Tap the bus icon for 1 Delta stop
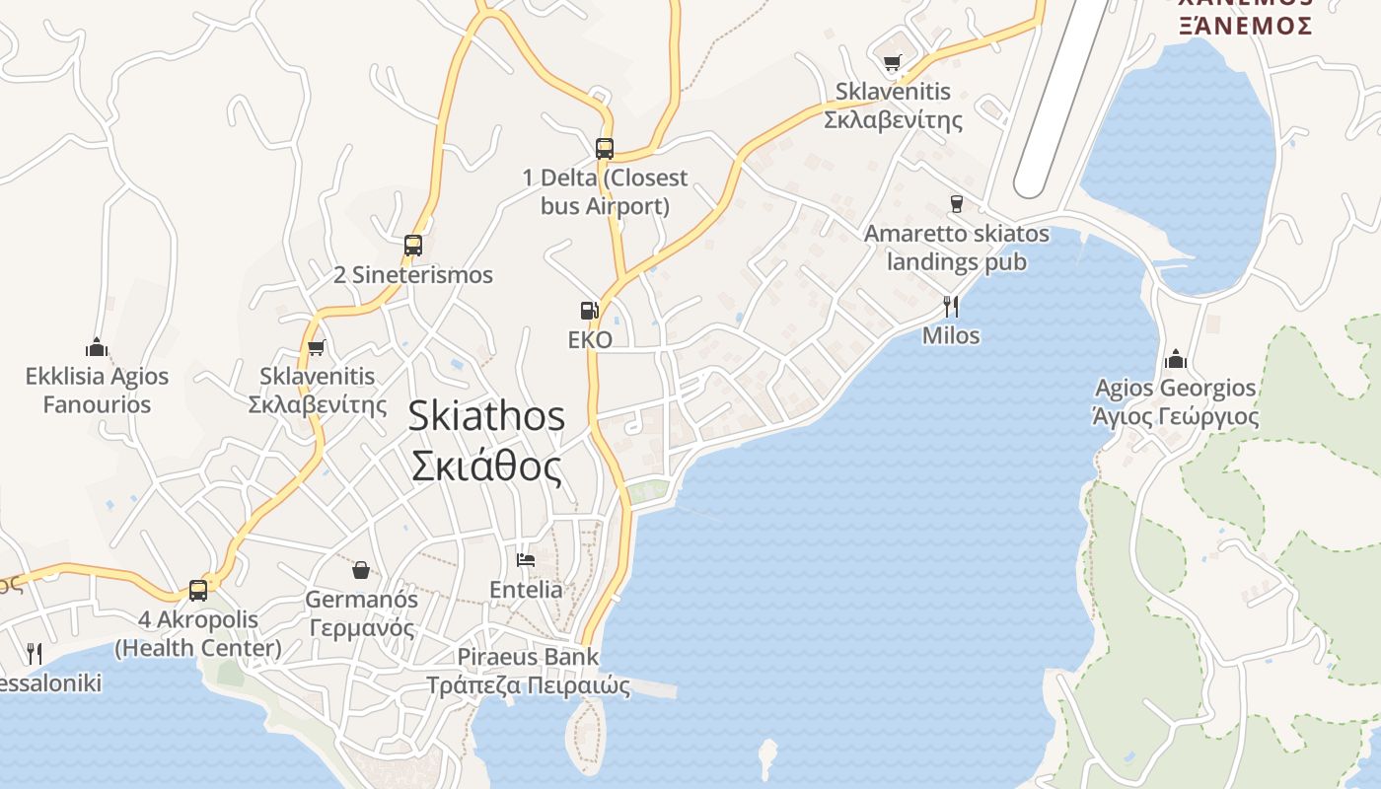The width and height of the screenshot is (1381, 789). click(x=605, y=149)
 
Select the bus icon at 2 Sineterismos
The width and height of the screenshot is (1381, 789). click(x=413, y=246)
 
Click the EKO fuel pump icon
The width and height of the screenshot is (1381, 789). click(x=589, y=311)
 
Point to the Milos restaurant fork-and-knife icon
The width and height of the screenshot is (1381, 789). click(x=951, y=306)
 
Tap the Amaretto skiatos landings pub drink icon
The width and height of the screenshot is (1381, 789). click(x=956, y=204)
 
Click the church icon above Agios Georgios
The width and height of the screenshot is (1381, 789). click(x=1175, y=358)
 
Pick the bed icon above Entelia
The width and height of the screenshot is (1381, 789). click(x=526, y=560)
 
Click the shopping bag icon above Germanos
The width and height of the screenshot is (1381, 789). click(x=361, y=570)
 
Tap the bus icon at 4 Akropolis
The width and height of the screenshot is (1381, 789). click(x=198, y=591)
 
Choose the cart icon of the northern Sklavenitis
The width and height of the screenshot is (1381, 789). click(x=893, y=63)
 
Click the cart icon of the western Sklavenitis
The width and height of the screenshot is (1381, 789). click(x=317, y=347)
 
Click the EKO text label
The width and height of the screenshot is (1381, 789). click(x=590, y=340)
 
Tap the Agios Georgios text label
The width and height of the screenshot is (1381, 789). click(x=1176, y=401)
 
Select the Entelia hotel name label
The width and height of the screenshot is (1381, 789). click(x=526, y=590)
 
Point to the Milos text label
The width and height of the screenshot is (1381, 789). click(x=951, y=335)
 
